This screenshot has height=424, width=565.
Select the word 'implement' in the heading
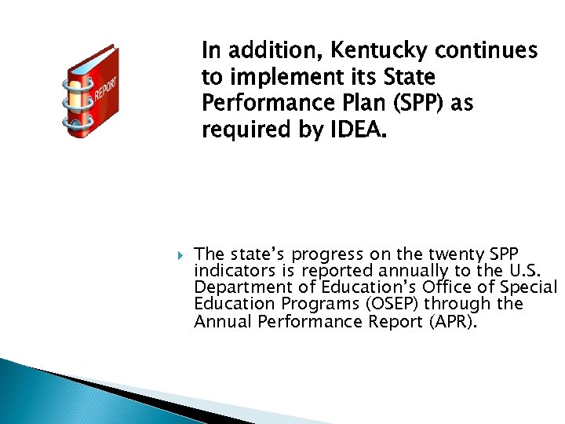tap(275, 79)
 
